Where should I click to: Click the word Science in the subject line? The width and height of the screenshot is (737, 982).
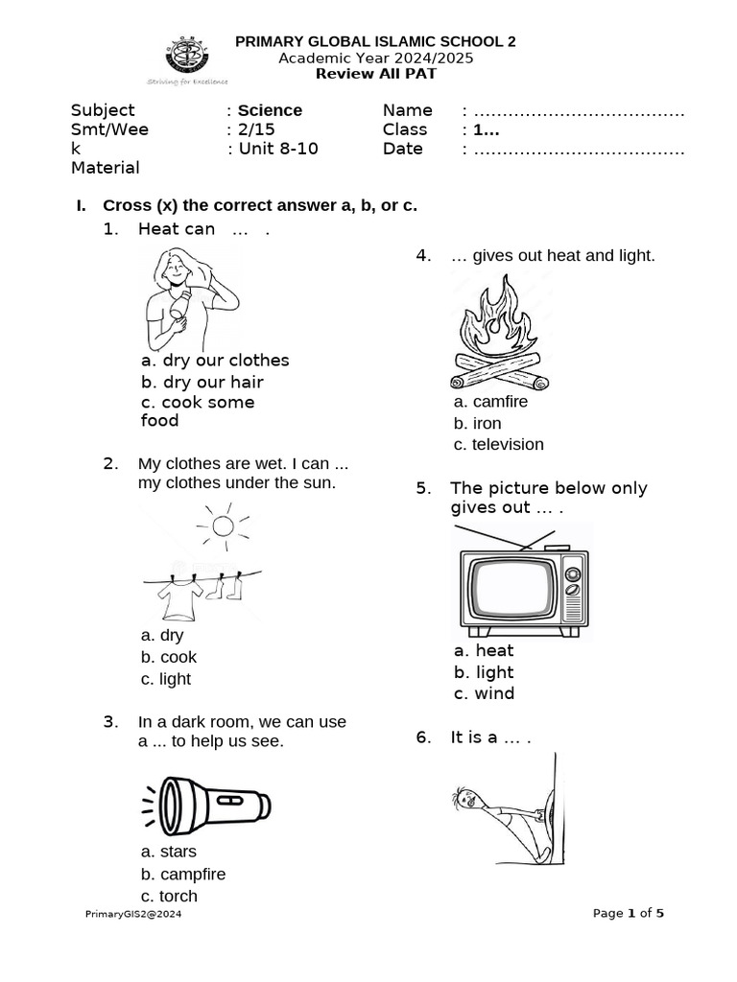270,110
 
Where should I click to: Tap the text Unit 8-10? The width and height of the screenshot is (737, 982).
277,149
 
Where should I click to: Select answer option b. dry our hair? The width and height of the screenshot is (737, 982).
202,382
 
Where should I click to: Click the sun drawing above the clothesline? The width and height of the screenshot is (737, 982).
223,525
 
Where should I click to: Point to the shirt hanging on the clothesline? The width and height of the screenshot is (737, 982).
179,598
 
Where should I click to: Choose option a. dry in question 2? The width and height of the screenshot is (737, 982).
161,635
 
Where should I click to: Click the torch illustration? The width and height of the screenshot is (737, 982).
208,800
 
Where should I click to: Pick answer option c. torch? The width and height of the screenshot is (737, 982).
169,896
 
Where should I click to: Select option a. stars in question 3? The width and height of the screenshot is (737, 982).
168,852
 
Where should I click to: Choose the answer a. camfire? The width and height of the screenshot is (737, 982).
490,402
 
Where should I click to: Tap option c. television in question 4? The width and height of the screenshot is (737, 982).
498,444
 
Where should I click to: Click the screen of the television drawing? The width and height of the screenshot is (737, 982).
511,589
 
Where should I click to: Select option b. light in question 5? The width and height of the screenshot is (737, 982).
484,672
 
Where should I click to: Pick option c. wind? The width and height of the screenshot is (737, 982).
484,693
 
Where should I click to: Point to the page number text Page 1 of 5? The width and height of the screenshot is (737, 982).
629,913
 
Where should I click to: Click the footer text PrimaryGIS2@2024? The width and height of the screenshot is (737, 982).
134,914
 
